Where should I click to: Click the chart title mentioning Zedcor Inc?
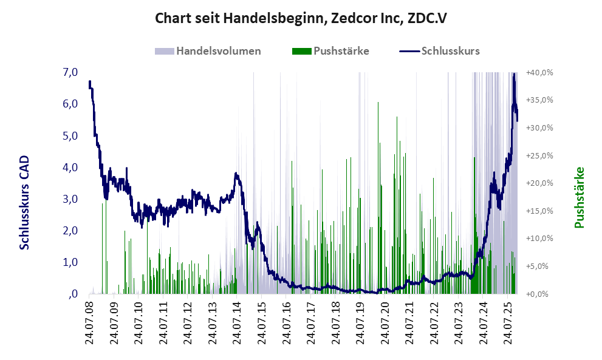[301, 19]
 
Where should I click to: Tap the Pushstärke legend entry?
[341, 51]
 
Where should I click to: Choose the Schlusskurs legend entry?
[450, 51]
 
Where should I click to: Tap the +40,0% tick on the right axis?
[539, 72]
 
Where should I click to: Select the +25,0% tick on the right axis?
[539, 155]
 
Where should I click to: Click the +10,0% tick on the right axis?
[539, 239]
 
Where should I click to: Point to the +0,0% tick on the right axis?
[539, 294]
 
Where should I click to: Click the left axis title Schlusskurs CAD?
[24, 202]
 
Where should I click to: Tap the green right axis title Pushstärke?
[578, 198]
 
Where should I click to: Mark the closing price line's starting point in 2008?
[89, 82]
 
